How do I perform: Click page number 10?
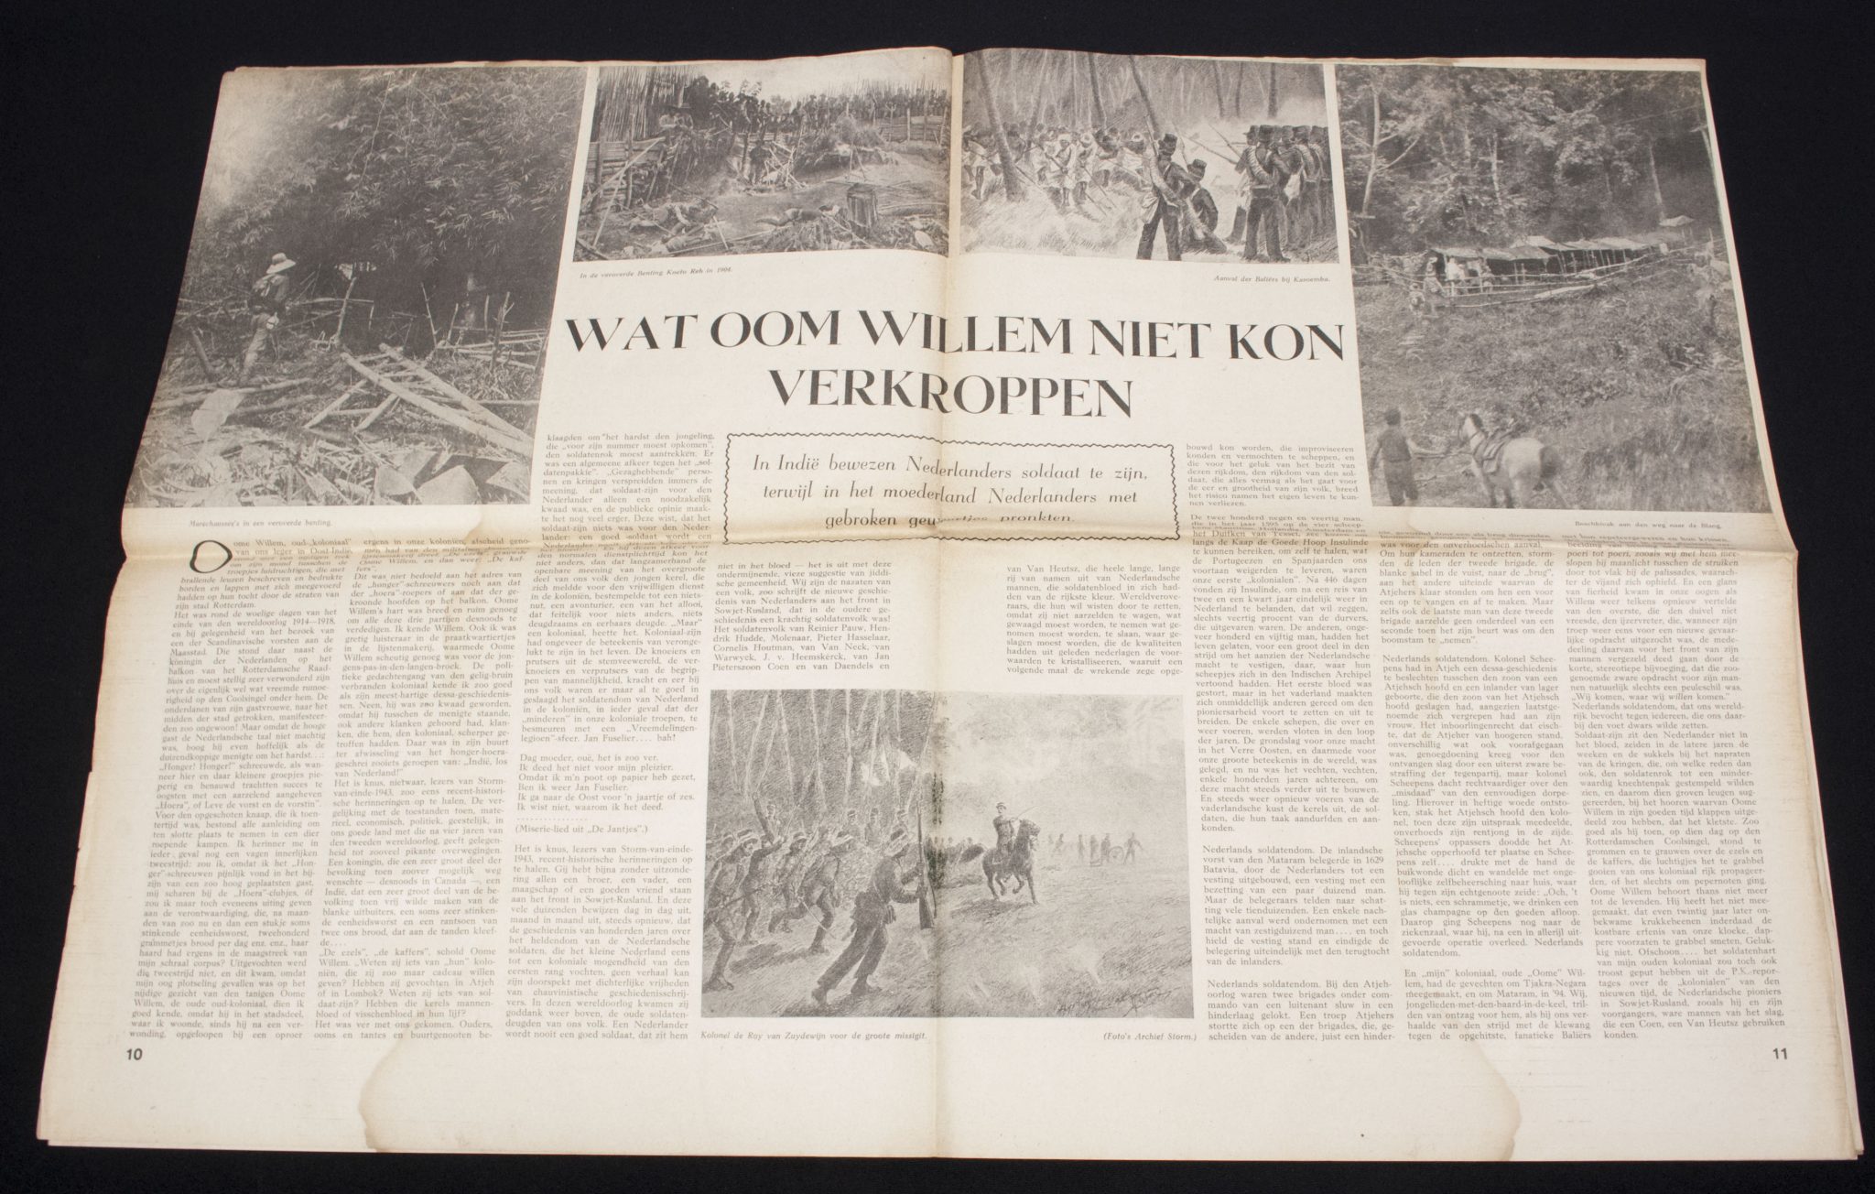[x=135, y=1053]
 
